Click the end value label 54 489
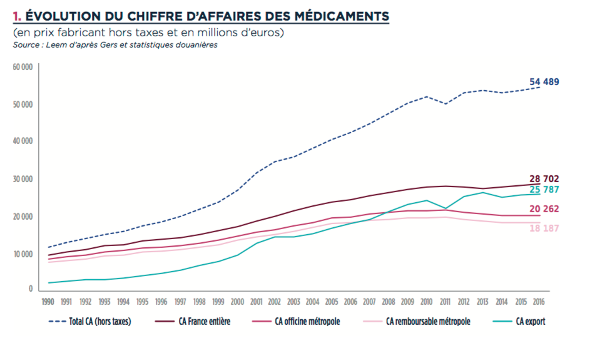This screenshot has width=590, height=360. pos(544,82)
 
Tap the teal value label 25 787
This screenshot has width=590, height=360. pos(544,189)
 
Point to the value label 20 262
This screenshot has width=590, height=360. pos(544,209)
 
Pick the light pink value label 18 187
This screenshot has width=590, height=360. pos(544,228)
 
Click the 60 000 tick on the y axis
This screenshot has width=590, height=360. pos(22,66)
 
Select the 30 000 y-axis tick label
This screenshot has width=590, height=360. pos(22,179)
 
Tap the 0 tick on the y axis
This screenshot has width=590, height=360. pos(30,289)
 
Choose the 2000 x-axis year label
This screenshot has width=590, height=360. pos(238,302)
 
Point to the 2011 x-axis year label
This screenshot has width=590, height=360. pos(445,302)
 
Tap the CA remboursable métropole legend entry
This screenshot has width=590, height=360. pos(427,322)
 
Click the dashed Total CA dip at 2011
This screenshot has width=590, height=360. pos(445,103)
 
